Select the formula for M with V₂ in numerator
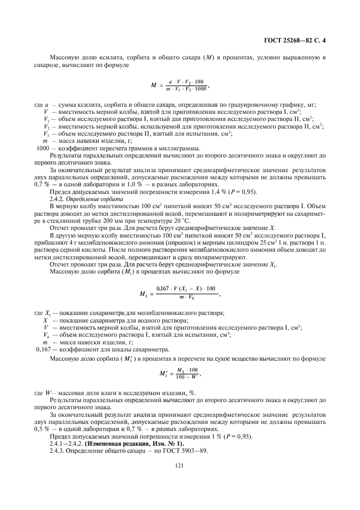tap(179, 85)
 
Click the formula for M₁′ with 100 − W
tap(179, 374)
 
